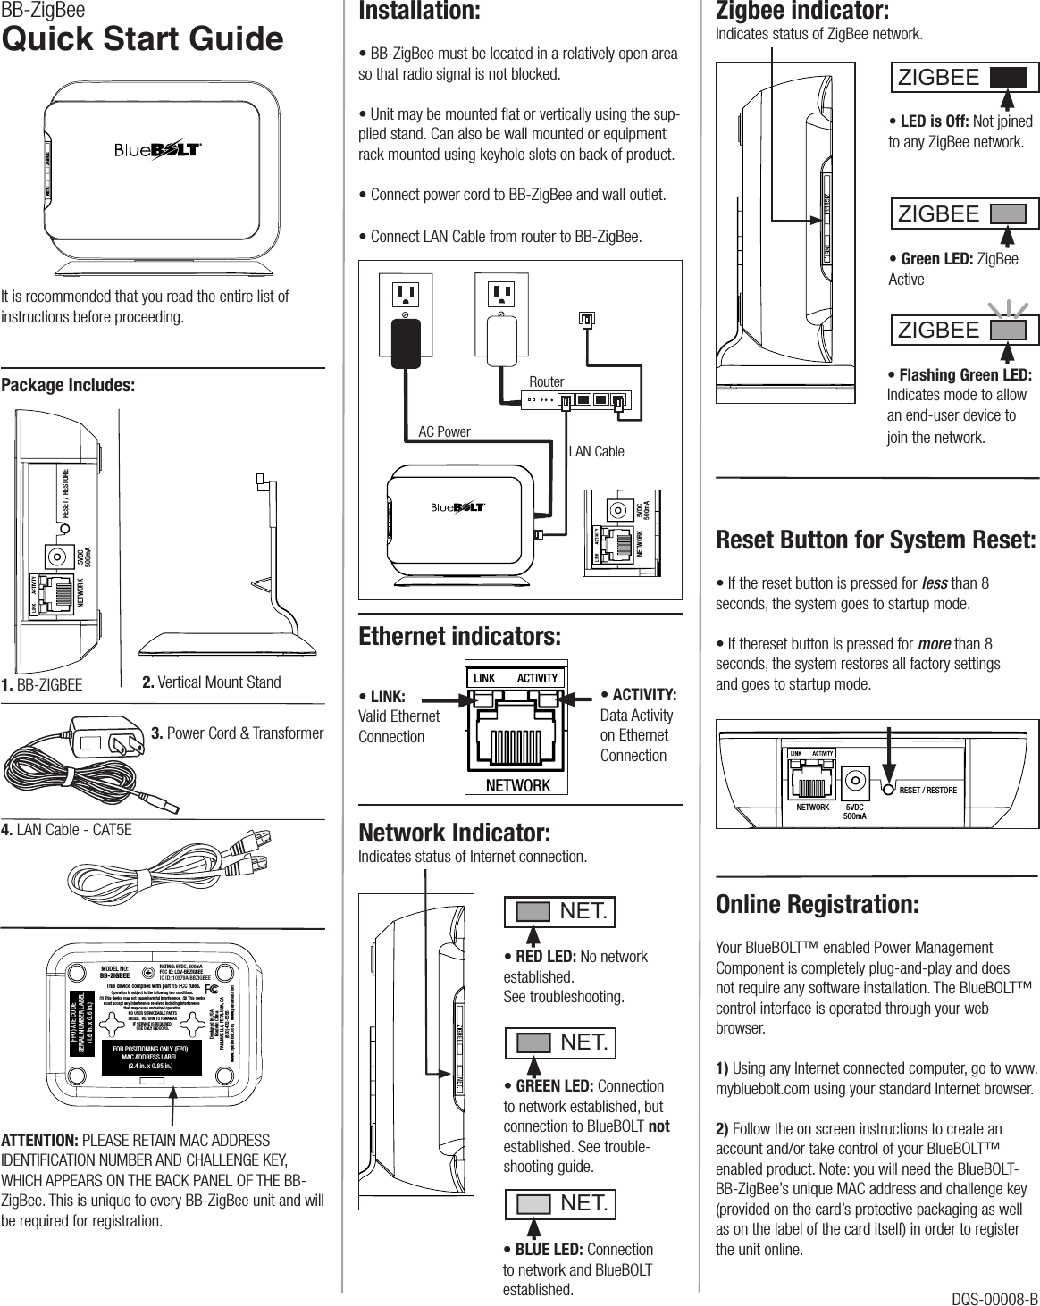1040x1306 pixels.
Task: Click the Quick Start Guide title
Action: [x=142, y=39]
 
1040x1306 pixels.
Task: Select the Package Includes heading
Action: [x=68, y=385]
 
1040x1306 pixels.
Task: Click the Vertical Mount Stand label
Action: [x=212, y=682]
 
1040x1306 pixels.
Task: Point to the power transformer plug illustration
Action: [x=105, y=739]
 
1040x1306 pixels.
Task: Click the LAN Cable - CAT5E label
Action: [x=66, y=830]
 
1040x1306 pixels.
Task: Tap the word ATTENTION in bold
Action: [x=39, y=1141]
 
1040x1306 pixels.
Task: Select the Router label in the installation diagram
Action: [x=546, y=381]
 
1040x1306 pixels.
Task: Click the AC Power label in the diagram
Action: [x=444, y=431]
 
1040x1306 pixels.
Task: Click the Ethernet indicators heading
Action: [x=459, y=637]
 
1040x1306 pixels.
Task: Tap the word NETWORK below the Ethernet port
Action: [x=517, y=785]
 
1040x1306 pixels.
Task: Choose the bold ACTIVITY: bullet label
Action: [x=638, y=695]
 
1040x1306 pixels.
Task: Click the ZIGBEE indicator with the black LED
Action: [x=964, y=78]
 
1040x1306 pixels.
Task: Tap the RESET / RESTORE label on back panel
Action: [x=927, y=791]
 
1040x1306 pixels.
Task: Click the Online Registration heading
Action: [x=817, y=904]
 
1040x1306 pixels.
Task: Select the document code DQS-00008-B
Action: [x=994, y=1298]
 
